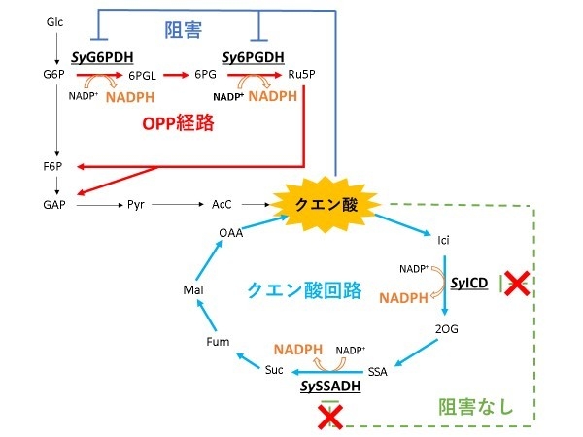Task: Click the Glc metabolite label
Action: tap(55, 20)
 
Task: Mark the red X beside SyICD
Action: tap(517, 284)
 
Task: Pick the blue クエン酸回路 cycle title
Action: tap(304, 289)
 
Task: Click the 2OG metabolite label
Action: tap(447, 330)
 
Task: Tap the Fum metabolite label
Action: tap(218, 342)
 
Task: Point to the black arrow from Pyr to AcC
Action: tap(179, 205)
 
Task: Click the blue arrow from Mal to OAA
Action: tap(205, 260)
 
